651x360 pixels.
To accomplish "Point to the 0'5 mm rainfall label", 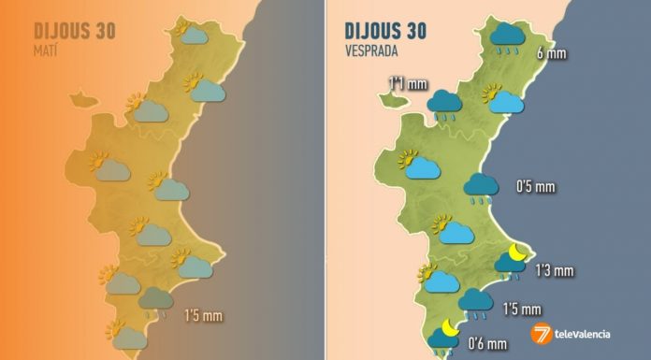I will click(536, 186).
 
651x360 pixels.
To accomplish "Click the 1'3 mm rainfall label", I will click(552, 271).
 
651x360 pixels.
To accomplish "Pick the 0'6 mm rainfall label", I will click(485, 343).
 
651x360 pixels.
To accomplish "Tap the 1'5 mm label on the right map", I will click(522, 310).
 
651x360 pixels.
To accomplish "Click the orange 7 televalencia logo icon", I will click(542, 334).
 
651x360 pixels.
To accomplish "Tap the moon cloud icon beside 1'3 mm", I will click(512, 261).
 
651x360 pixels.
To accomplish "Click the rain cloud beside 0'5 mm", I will click(482, 187).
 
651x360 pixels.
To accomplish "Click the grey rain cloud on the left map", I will click(156, 301).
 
